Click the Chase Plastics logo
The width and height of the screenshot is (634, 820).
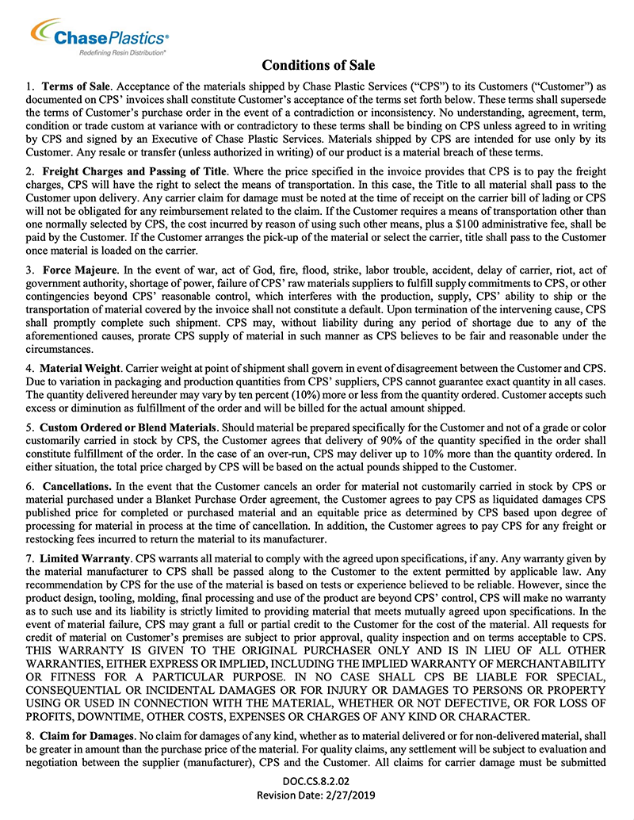point(99,36)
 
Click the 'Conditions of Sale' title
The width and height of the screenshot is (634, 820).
point(318,65)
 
